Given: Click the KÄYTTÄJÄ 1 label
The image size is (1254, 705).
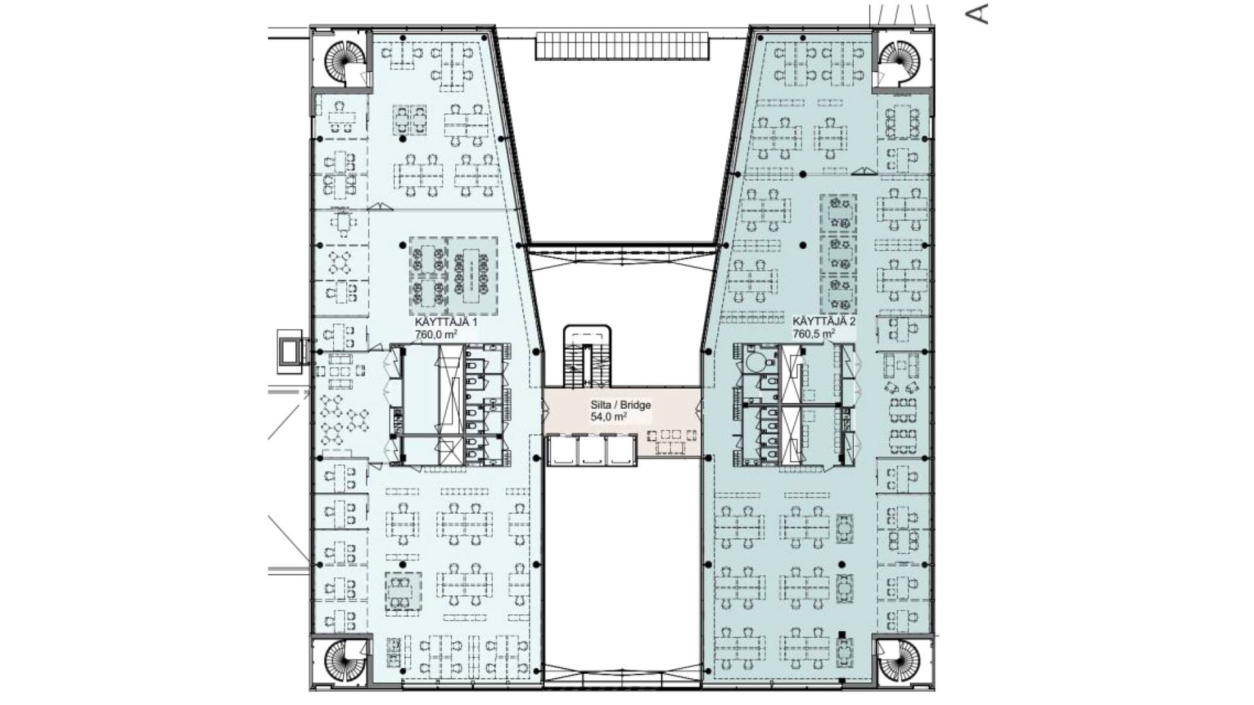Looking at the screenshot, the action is [446, 322].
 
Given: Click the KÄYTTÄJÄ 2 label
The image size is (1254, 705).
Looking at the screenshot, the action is [824, 322].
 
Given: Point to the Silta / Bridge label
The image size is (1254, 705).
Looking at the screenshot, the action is [620, 405].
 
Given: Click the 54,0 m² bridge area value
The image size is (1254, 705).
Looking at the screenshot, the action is [609, 416].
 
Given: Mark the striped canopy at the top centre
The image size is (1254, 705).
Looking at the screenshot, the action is [622, 46].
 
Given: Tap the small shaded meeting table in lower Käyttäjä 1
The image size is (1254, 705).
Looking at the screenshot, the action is [402, 591].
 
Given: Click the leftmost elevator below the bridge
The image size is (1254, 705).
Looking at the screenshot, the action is [563, 450].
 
